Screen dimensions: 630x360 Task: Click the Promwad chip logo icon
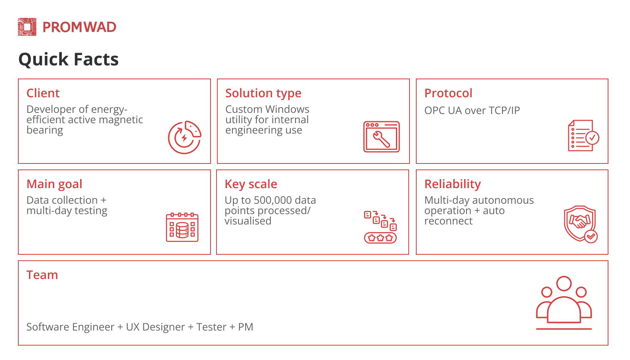[27, 27]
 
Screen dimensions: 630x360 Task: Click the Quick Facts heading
[68, 59]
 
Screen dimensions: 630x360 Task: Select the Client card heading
[43, 93]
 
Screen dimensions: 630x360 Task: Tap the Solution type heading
[263, 93]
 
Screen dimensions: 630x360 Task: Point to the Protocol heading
[448, 93]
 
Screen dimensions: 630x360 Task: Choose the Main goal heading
[54, 185]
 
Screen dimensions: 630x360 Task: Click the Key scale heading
[251, 185]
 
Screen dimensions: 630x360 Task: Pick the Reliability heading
[453, 185]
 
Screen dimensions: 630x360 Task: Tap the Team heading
[42, 275]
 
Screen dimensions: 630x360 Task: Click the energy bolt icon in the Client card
[185, 137]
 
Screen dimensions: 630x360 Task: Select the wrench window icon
[381, 137]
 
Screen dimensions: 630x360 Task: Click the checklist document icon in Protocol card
[584, 136]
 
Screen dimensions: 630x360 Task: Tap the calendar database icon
[182, 227]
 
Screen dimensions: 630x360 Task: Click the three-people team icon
[564, 303]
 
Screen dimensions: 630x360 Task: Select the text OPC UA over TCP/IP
[472, 110]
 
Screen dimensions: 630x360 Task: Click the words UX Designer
[156, 327]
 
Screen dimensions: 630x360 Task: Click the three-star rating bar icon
[380, 238]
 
